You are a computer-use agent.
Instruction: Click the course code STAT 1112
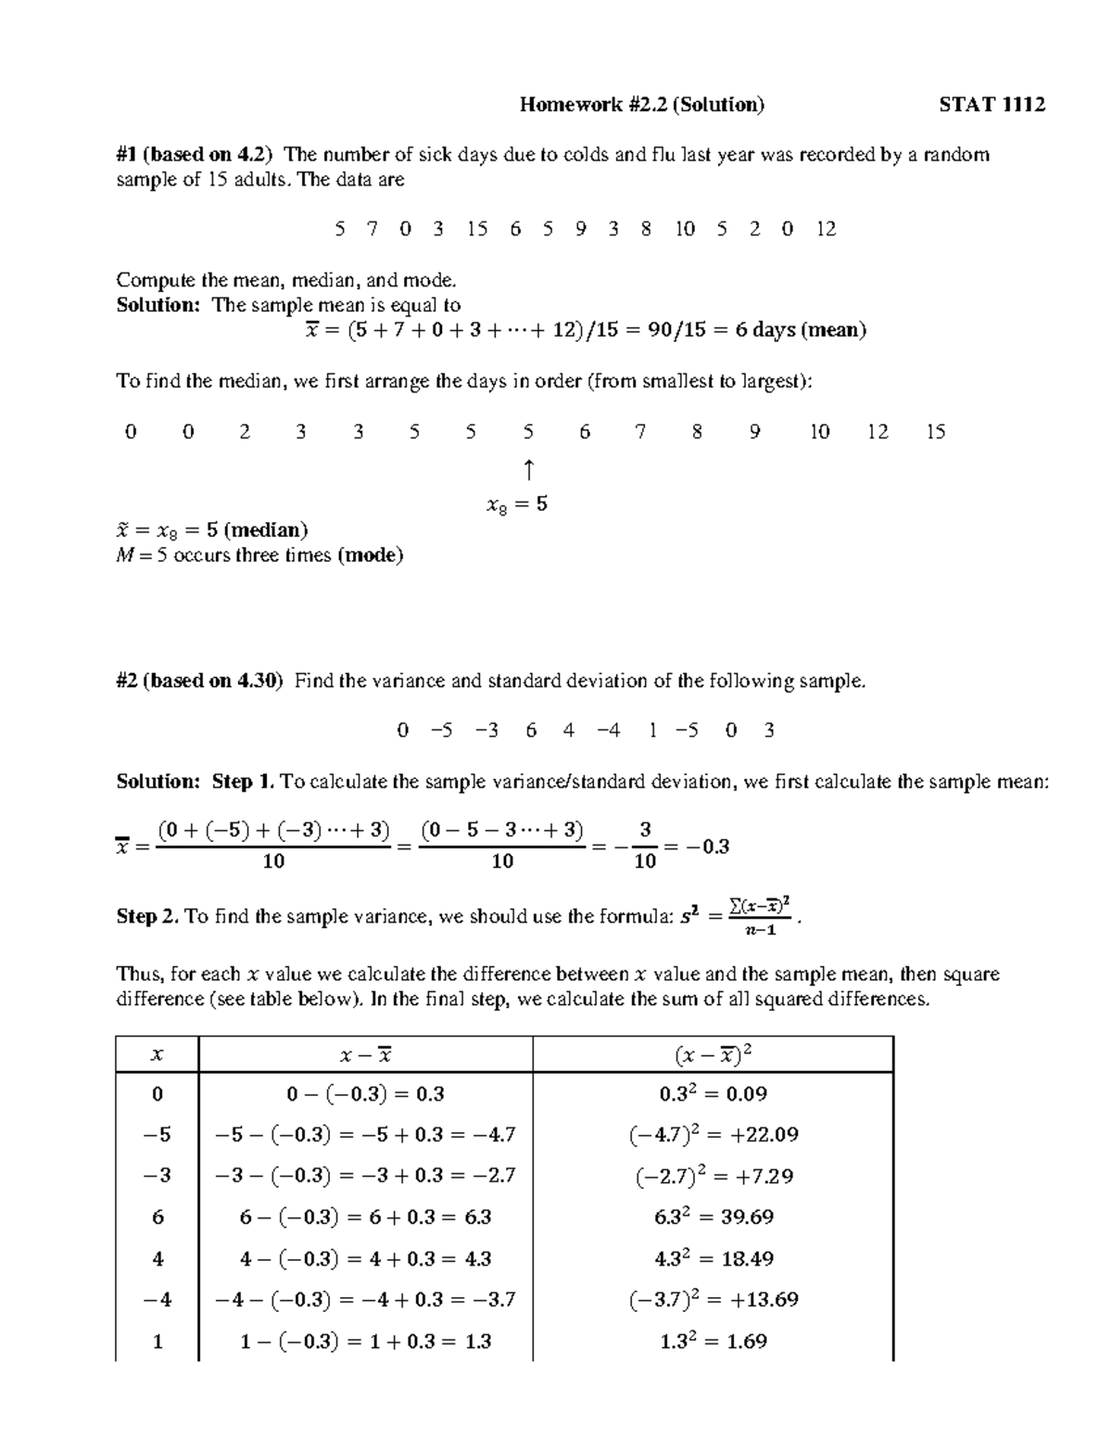coord(992,105)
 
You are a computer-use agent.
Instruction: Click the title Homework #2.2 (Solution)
coord(642,105)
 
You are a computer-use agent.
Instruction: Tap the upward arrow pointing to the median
coord(528,470)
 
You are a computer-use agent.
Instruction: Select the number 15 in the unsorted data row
coord(477,229)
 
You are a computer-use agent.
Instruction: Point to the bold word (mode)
coord(370,555)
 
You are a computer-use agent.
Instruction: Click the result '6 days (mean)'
coord(801,330)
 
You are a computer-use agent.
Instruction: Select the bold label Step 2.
coord(147,917)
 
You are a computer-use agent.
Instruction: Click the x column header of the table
coord(157,1054)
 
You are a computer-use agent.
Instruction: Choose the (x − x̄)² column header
coord(713,1054)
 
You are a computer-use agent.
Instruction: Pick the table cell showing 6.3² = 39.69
coord(713,1217)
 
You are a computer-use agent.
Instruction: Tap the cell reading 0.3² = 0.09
coord(713,1094)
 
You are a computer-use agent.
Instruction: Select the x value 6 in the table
coord(158,1217)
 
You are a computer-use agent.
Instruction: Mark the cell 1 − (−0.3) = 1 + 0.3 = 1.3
coord(365,1341)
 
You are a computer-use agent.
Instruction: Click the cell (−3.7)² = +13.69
coord(713,1300)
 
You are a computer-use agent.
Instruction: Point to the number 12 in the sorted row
coord(878,432)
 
